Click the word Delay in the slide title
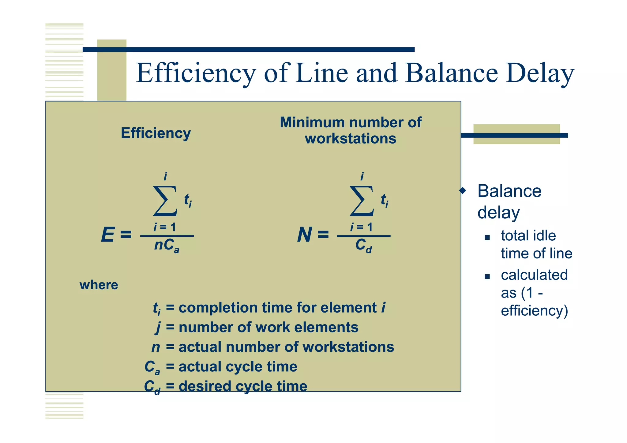[540, 73]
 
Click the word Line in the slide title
[322, 73]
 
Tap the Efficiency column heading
[156, 133]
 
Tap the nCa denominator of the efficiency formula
[167, 246]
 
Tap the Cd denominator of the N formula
[363, 246]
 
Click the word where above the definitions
[99, 285]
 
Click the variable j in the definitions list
[158, 328]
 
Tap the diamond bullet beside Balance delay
[463, 191]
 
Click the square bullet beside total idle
[487, 237]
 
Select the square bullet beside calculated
[487, 277]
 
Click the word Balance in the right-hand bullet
[509, 191]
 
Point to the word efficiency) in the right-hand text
[534, 310]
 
